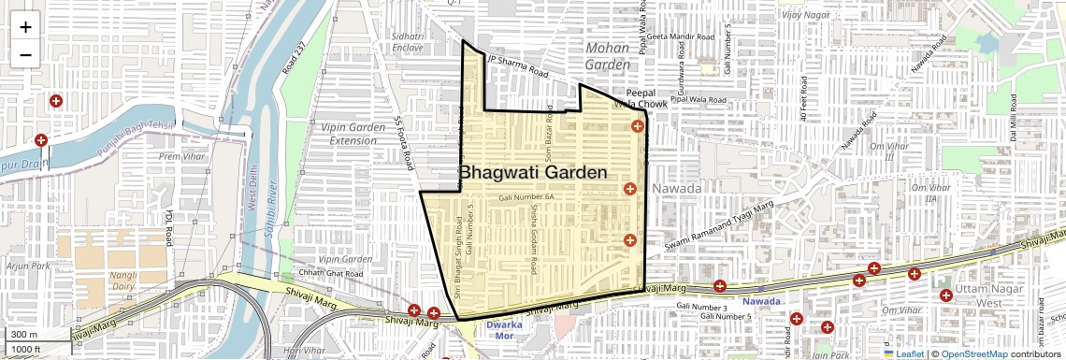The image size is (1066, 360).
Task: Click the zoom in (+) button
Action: click(25, 27)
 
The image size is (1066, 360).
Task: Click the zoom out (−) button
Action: click(25, 54)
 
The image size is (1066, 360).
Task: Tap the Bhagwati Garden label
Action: click(533, 173)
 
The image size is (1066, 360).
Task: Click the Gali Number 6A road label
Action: click(526, 198)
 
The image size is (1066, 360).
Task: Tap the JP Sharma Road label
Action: click(516, 65)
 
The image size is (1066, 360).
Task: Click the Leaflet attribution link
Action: click(902, 353)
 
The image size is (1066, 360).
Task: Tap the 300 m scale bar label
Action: click(24, 335)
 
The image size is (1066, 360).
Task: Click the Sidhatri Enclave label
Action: click(408, 41)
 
